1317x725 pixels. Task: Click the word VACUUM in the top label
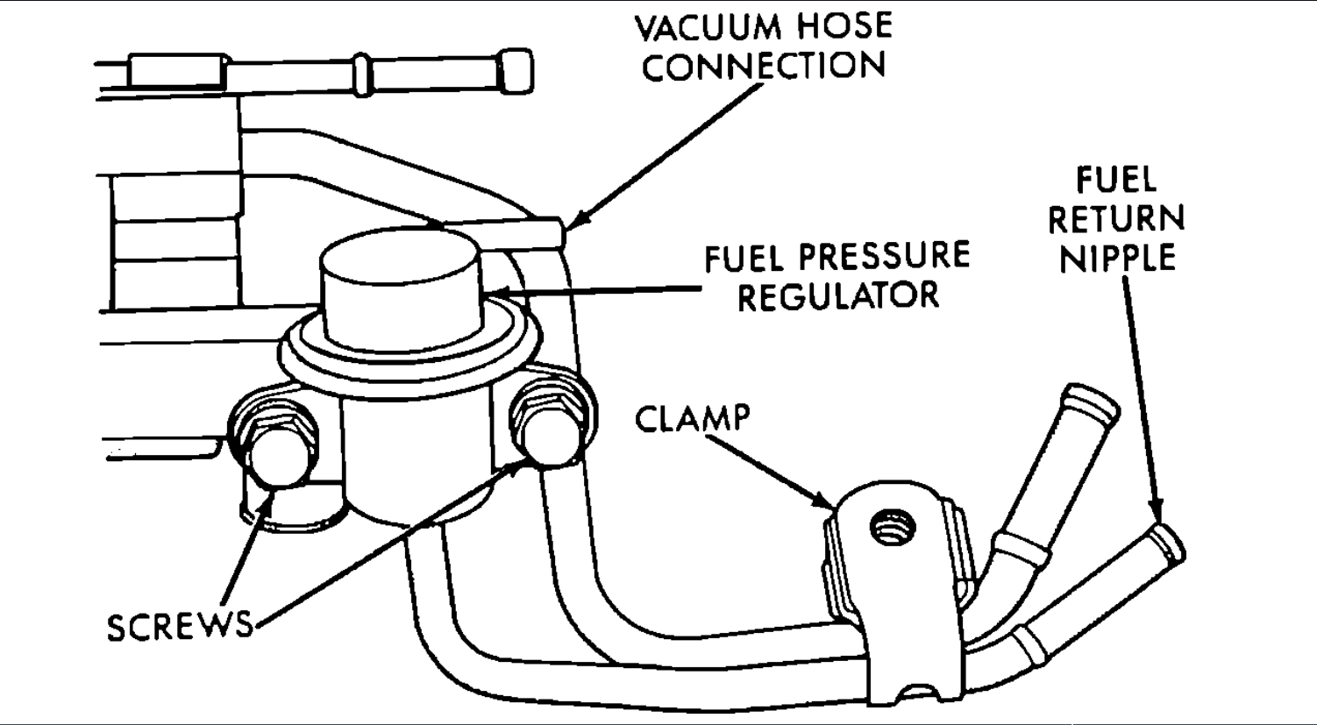(708, 27)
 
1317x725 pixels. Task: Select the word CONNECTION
(764, 68)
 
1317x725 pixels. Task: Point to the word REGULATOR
(838, 295)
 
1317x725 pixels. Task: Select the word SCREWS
(179, 626)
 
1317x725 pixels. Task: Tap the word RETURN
(1116, 219)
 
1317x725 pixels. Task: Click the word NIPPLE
(1116, 259)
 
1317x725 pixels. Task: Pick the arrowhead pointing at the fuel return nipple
(1158, 515)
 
